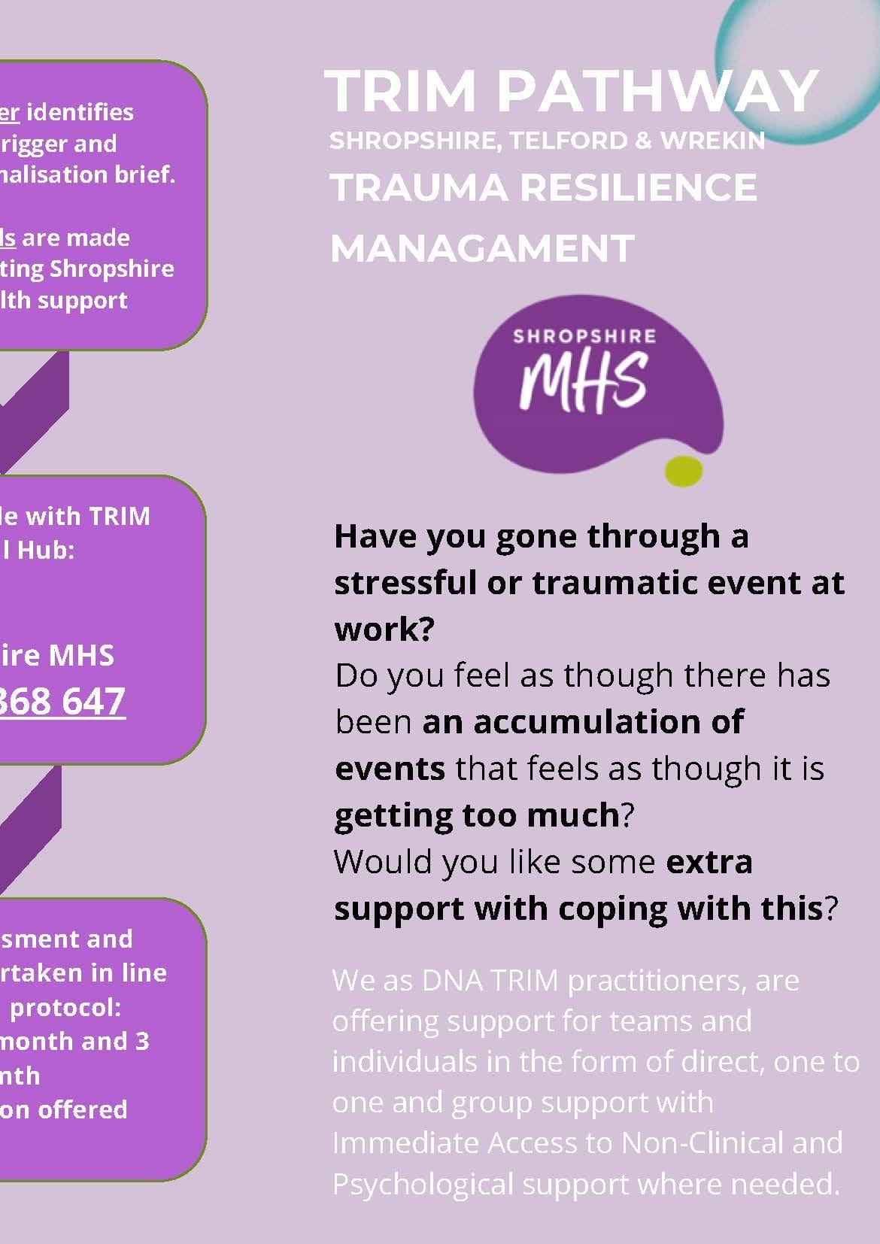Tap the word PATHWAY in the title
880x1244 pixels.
[x=657, y=91]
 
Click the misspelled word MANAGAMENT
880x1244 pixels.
[x=482, y=248]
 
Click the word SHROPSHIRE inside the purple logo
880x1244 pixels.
[x=584, y=336]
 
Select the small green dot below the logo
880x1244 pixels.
[x=683, y=470]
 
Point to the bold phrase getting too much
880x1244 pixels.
[x=476, y=815]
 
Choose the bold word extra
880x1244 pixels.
[x=709, y=861]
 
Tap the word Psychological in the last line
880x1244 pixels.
[x=422, y=1184]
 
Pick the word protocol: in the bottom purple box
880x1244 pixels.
[x=65, y=1007]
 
